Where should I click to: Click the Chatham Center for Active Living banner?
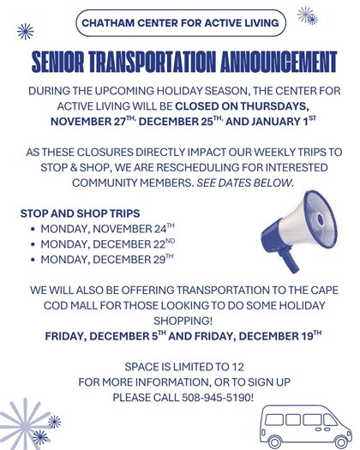point(179,25)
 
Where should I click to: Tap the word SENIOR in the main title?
point(60,61)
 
